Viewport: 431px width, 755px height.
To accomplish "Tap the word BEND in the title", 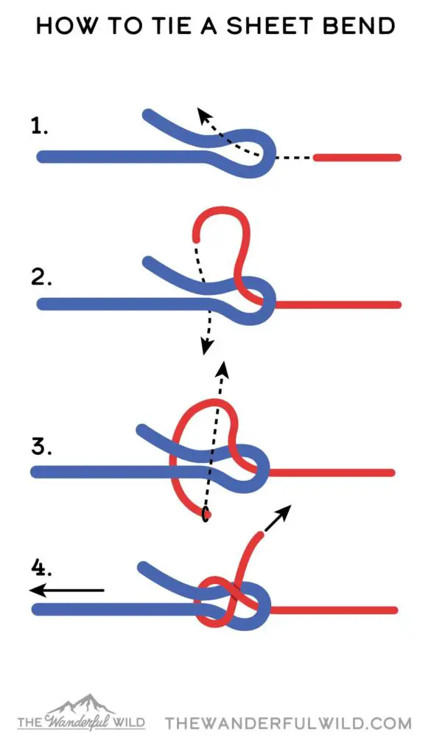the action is point(366,26).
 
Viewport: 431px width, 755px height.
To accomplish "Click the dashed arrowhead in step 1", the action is point(204,116).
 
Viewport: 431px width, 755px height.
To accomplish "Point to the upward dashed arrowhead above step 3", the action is point(222,367).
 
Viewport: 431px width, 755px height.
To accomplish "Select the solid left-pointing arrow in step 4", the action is point(66,590).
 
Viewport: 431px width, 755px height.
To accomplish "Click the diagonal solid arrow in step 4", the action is point(278,518).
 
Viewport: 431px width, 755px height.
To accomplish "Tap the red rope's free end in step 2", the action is point(196,238).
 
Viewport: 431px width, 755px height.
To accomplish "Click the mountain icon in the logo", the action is point(82,703).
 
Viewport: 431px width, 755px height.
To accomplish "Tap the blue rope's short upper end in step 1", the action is point(149,114).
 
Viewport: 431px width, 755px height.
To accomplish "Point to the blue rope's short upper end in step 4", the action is point(143,566).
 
